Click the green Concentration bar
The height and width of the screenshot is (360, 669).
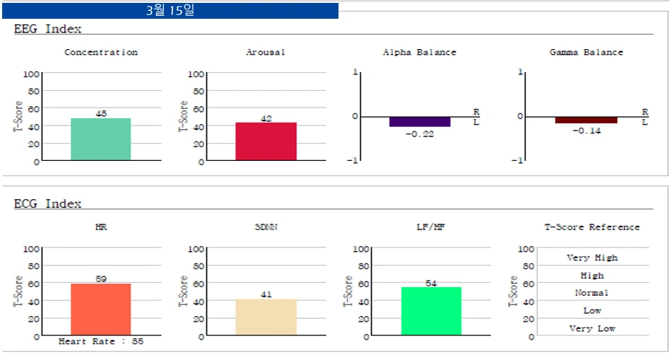tap(101, 139)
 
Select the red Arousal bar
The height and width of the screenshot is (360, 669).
tap(266, 141)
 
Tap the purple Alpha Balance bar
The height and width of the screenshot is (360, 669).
tap(420, 122)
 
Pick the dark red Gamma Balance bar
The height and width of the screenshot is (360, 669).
tap(586, 120)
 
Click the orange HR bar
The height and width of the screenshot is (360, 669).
tap(101, 309)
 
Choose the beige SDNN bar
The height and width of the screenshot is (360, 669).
tap(266, 317)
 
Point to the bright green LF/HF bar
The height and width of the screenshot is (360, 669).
tap(431, 311)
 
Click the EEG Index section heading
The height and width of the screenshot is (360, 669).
tap(48, 29)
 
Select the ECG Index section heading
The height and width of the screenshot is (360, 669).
tap(48, 203)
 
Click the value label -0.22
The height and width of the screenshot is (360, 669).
tap(419, 134)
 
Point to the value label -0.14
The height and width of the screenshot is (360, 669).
tap(586, 131)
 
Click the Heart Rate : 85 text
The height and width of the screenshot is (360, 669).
tap(101, 341)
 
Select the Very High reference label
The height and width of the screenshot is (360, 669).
tap(592, 258)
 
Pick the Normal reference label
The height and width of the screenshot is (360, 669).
tap(592, 293)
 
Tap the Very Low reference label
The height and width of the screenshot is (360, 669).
tap(592, 328)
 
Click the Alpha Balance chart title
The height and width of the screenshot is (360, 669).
tap(419, 52)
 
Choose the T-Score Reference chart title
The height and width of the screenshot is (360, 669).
tap(592, 227)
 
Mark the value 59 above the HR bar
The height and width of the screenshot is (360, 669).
tap(101, 278)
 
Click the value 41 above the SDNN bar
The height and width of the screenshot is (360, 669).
tap(266, 294)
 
